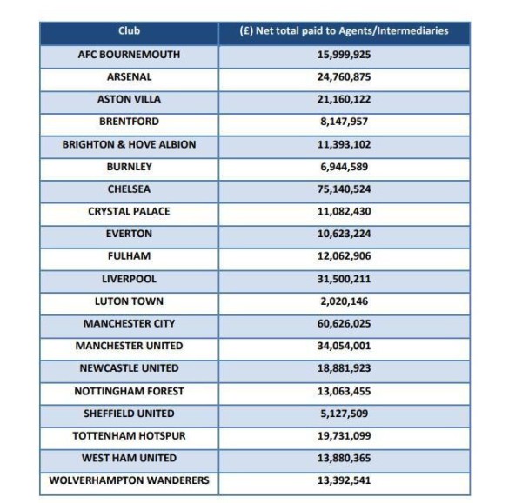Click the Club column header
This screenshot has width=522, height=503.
click(129, 32)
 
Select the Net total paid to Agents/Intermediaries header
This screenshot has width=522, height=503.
click(345, 32)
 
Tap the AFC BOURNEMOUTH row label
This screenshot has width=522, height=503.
click(129, 55)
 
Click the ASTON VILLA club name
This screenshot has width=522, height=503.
click(129, 100)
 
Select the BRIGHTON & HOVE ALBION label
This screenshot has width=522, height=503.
click(129, 144)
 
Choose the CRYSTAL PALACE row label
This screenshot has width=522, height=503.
click(129, 211)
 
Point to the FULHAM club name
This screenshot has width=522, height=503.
click(129, 256)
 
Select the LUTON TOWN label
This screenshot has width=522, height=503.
click(129, 301)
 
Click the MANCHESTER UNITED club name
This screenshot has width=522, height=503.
click(129, 346)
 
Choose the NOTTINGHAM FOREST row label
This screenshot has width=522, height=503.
click(129, 391)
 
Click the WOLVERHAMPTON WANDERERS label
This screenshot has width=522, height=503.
click(129, 480)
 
